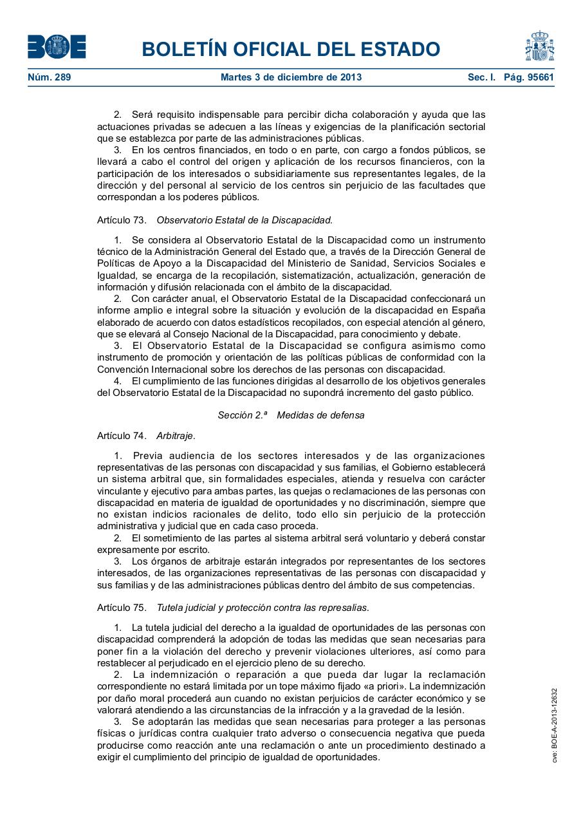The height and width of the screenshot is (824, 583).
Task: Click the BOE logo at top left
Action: [57, 47]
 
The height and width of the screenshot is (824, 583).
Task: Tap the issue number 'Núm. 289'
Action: [50, 77]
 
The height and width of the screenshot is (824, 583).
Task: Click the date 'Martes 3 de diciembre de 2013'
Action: [291, 77]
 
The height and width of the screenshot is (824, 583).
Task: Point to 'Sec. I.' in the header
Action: [481, 77]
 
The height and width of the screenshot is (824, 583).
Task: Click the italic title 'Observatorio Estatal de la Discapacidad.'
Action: [245, 220]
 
